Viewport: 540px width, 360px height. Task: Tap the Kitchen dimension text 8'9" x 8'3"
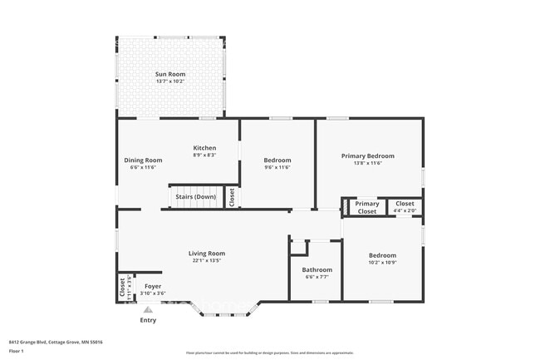[x=204, y=155]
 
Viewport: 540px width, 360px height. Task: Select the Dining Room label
[x=140, y=160]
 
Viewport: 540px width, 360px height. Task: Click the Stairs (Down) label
[x=195, y=197]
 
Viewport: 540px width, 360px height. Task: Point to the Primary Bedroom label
[x=368, y=155]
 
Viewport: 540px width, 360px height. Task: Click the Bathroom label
[x=317, y=269]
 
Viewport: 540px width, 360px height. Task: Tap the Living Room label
[x=207, y=253]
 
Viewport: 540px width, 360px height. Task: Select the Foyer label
[x=153, y=286]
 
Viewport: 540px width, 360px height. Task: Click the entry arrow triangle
[x=148, y=309]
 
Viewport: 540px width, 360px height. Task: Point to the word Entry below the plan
[x=148, y=319]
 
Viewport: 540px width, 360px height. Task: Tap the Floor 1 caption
[x=16, y=351]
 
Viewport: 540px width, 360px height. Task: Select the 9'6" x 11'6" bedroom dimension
[x=277, y=167]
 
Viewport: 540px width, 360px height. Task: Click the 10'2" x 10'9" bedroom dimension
[x=383, y=263]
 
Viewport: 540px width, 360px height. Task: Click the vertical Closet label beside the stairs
[x=232, y=197]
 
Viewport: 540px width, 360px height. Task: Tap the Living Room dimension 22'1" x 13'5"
[x=207, y=260]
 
